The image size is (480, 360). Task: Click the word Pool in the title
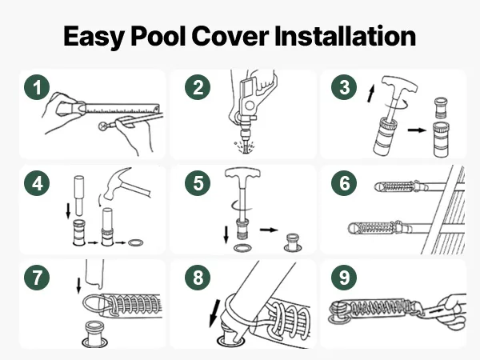pyautogui.click(x=158, y=36)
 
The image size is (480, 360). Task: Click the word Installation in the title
pyautogui.click(x=345, y=36)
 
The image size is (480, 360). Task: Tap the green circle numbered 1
pyautogui.click(x=37, y=87)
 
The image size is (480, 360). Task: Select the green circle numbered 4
pyautogui.click(x=37, y=183)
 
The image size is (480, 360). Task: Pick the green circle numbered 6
pyautogui.click(x=344, y=183)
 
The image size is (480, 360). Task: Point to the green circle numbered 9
pyautogui.click(x=344, y=278)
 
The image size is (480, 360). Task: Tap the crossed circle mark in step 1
pyautogui.click(x=103, y=126)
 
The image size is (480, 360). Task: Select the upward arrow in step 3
pyautogui.click(x=371, y=94)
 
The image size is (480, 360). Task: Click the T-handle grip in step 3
pyautogui.click(x=399, y=84)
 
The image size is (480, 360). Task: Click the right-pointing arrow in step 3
pyautogui.click(x=417, y=130)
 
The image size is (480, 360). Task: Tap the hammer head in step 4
pyautogui.click(x=114, y=184)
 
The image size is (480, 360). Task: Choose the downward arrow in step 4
pyautogui.click(x=68, y=211)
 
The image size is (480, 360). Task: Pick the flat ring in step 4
pyautogui.click(x=136, y=243)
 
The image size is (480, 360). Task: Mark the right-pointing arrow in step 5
pyautogui.click(x=269, y=230)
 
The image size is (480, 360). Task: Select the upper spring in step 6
pyautogui.click(x=398, y=186)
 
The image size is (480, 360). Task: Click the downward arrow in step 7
pyautogui.click(x=78, y=286)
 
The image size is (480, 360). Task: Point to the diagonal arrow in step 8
pyautogui.click(x=214, y=313)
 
